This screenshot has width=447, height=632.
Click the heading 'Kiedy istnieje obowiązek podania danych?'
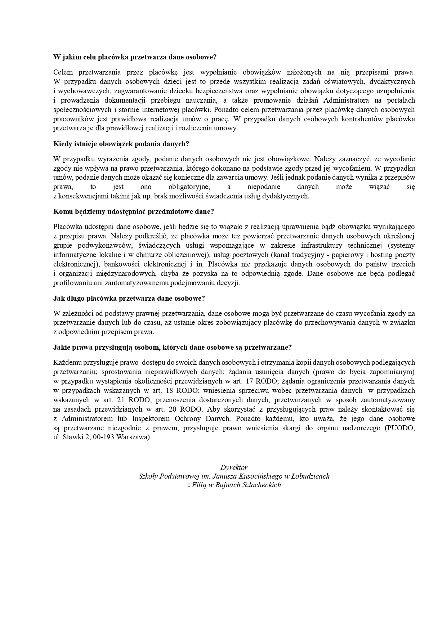121,144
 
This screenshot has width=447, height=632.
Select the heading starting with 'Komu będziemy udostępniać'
134,211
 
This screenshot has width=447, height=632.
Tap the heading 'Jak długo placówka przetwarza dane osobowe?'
129,299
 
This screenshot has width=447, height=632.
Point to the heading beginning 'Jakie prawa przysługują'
172,348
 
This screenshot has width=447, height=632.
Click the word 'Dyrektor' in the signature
234,468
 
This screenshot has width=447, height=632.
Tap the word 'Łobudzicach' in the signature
312,476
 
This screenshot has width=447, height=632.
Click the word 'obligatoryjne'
189,187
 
